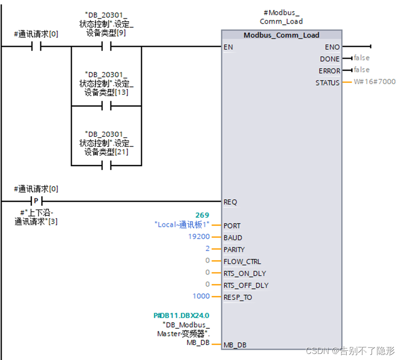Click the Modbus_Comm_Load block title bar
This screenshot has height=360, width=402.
point(281,35)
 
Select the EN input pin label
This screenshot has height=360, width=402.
point(228,47)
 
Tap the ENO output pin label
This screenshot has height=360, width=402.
point(332,47)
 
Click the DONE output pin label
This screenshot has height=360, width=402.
point(330,59)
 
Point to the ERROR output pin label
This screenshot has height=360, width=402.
point(329,71)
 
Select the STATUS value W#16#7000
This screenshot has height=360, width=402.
point(375,82)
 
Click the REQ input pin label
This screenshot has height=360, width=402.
point(230,202)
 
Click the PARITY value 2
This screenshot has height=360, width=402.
point(207,249)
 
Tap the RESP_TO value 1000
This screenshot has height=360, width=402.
point(201,296)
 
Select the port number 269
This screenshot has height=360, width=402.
point(202,215)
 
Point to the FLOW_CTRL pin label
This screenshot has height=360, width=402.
point(242,261)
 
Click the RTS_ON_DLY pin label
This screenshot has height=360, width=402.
point(244,273)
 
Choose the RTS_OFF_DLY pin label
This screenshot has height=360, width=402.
point(246,285)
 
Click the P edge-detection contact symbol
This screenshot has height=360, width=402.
point(36,201)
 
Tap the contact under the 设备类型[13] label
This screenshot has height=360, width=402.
point(106,106)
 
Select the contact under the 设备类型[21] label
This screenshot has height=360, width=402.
point(106,165)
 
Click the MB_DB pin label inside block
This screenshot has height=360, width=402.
point(235,345)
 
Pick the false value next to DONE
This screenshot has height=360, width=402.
point(361,58)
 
